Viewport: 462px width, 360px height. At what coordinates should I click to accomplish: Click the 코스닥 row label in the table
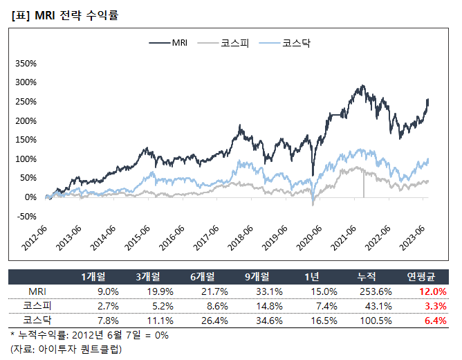[x=38, y=319]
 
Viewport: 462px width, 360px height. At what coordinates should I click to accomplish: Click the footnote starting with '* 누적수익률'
[x=89, y=335]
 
